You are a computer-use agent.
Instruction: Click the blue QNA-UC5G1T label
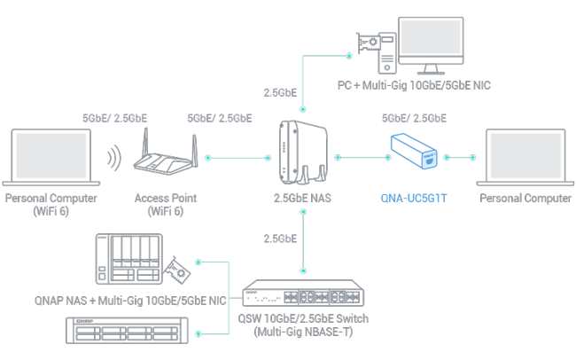[414, 199]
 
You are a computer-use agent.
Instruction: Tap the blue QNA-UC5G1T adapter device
[414, 151]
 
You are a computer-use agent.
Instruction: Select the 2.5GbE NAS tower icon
[303, 153]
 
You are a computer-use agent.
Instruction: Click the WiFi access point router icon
[166, 153]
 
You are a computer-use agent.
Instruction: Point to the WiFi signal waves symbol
[114, 158]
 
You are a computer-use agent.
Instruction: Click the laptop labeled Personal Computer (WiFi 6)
[51, 157]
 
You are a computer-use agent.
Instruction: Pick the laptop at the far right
[525, 157]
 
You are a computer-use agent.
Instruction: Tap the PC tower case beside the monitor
[387, 53]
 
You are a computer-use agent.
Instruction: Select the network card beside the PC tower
[369, 43]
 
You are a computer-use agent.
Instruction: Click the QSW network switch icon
[303, 293]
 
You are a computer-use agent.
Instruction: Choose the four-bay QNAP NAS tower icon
[129, 259]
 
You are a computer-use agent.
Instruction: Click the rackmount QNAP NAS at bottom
[127, 331]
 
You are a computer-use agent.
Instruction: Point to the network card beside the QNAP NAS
[178, 270]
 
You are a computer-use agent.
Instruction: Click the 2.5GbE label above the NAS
[280, 93]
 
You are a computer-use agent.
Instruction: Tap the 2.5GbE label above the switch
[280, 239]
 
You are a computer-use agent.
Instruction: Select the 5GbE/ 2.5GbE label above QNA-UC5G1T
[414, 118]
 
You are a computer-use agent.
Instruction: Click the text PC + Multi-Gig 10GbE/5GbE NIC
[414, 85]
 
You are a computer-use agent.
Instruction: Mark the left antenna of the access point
[145, 144]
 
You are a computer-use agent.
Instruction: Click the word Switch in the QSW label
[353, 318]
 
